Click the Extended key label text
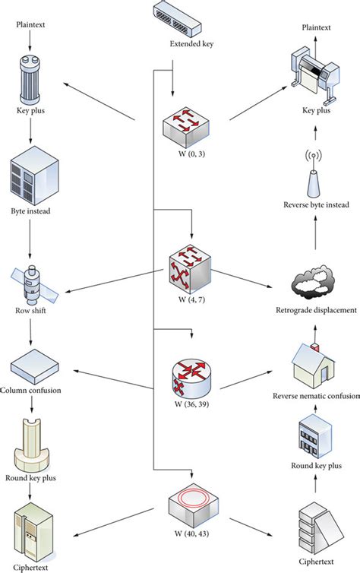click(191, 44)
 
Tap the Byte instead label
click(31, 211)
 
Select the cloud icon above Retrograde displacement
click(314, 283)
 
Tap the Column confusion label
click(31, 391)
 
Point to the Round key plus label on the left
click(31, 479)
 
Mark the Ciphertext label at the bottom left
click(31, 563)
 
